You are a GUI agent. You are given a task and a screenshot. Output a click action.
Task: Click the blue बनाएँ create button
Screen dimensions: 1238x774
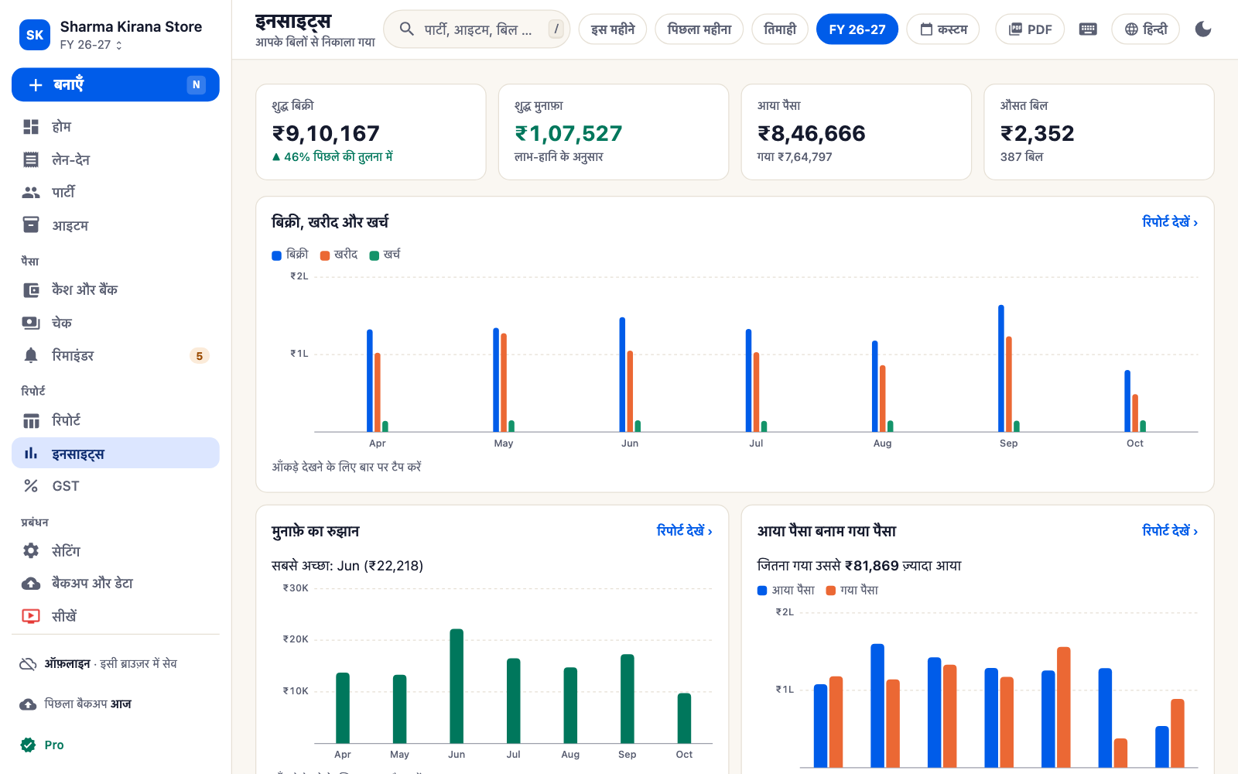pos(115,84)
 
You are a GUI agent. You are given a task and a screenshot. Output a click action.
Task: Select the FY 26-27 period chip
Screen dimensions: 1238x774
pos(857,29)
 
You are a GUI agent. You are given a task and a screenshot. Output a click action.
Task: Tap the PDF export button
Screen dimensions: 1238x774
pos(1030,29)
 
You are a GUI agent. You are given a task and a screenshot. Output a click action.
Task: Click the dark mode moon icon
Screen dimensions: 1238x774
pos(1202,29)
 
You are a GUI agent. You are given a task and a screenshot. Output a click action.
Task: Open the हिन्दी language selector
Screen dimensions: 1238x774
pos(1145,29)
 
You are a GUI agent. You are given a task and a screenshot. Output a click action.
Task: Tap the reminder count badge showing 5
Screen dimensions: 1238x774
pos(199,355)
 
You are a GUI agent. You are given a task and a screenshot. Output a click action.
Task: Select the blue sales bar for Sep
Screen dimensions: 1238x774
pos(1001,368)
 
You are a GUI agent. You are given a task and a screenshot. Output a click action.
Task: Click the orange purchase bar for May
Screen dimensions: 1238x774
pos(504,382)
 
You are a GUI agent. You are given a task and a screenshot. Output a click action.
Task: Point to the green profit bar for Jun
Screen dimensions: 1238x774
pos(457,686)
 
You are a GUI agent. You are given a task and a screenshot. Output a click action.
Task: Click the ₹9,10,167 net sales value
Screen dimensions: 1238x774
pos(326,133)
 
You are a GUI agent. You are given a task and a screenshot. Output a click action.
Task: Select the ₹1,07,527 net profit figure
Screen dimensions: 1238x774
pos(568,133)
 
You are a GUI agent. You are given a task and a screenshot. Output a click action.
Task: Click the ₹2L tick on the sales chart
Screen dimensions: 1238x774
pos(299,276)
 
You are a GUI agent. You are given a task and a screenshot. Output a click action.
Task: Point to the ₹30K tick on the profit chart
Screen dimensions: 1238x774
pos(295,587)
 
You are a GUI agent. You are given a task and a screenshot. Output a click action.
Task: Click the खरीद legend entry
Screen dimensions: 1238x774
pos(339,255)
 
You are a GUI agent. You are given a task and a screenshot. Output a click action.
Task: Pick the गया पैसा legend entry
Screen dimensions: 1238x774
pos(852,590)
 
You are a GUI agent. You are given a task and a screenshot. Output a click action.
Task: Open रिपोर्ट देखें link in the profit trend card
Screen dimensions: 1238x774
pos(684,531)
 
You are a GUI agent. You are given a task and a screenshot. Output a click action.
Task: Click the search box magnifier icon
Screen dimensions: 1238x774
pos(406,29)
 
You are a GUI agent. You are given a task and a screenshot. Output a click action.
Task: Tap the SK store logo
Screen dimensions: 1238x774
pos(35,34)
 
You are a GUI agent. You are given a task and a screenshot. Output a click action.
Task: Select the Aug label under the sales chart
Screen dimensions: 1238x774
pos(882,443)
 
